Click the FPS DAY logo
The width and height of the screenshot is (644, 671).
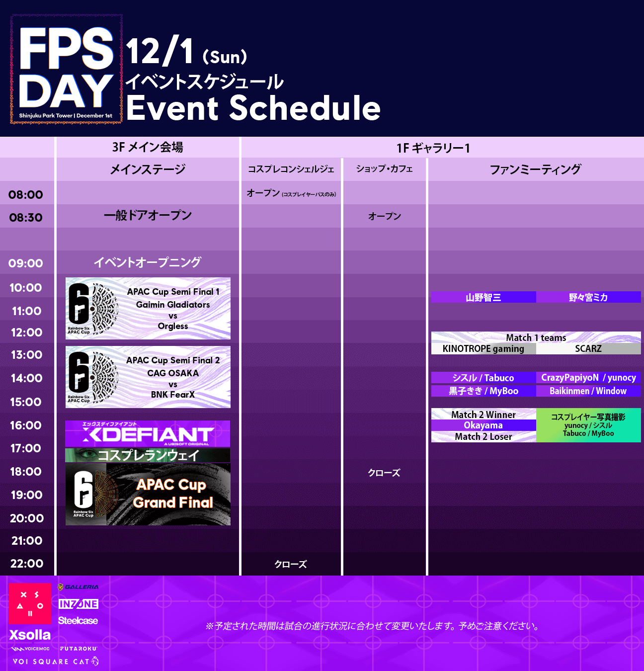click(66, 69)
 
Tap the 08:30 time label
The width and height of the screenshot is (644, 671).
click(26, 217)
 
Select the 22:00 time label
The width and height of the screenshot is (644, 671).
click(27, 563)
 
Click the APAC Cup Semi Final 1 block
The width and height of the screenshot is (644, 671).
click(148, 308)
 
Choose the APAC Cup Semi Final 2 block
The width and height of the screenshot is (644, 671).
click(148, 377)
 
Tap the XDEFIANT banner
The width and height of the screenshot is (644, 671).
click(148, 433)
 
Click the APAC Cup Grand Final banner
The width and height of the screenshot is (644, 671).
click(148, 494)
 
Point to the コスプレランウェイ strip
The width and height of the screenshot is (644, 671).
click(148, 455)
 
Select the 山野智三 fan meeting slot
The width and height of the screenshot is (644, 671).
click(483, 297)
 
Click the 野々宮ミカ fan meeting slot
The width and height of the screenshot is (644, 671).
click(588, 297)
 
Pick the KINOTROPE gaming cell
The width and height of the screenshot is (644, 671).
click(483, 348)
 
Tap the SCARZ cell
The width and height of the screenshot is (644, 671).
click(588, 348)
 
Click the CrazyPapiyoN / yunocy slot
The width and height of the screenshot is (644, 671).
click(588, 378)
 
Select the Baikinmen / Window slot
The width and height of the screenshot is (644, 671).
click(588, 391)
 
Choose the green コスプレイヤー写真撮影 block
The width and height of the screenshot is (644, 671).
click(588, 425)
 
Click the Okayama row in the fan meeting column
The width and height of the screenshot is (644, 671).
click(483, 425)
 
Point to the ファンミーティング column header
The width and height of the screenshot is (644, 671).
click(535, 169)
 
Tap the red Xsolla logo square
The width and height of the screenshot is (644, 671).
click(30, 603)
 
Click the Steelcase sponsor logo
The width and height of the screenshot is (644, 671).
click(78, 620)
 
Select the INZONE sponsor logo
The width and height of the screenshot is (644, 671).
click(78, 604)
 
